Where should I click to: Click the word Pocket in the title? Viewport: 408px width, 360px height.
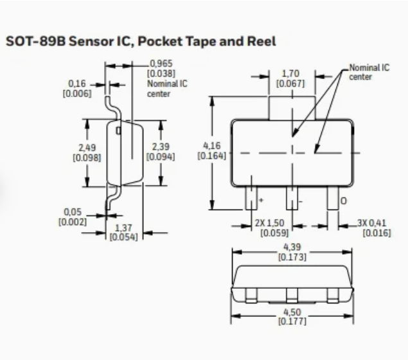tap(169, 42)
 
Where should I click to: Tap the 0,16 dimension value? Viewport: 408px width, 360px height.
tap(76, 84)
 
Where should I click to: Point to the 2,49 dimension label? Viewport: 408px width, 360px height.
tap(87, 148)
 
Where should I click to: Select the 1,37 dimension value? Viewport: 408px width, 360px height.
tap(122, 228)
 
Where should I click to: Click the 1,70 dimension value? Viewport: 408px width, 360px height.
tap(290, 75)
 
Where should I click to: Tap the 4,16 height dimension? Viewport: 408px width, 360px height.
tap(211, 147)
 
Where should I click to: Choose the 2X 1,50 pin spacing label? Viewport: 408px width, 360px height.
tap(273, 223)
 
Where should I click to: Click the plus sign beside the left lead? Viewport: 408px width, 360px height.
tap(261, 201)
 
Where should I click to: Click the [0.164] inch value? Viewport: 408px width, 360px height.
tap(211, 156)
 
